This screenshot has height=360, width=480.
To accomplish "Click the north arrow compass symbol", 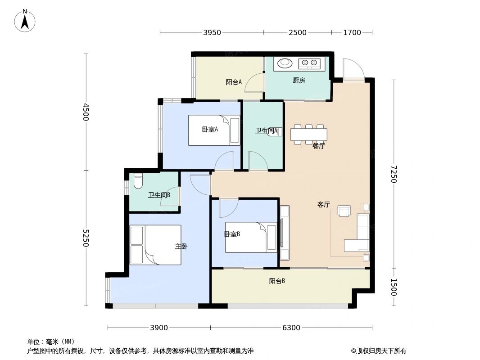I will pyautogui.click(x=25, y=20).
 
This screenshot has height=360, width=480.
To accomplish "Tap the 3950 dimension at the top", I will pyautogui.click(x=212, y=32).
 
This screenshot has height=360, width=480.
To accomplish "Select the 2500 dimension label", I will pyautogui.click(x=297, y=32).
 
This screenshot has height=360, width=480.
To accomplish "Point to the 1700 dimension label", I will pyautogui.click(x=352, y=32).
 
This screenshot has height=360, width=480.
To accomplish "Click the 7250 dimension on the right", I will pyautogui.click(x=394, y=174).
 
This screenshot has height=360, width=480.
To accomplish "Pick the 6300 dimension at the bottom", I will pyautogui.click(x=291, y=328).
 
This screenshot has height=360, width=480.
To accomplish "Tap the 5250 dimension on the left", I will pyautogui.click(x=86, y=238).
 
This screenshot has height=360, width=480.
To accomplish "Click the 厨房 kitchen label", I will pyautogui.click(x=299, y=81).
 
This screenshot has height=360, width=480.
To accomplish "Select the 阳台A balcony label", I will pyautogui.click(x=234, y=82).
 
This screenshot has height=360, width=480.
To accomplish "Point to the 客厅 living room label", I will pyautogui.click(x=323, y=204).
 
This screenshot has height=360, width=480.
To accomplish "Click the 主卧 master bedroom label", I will pyautogui.click(x=181, y=246).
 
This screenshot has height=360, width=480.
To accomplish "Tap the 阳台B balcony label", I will pyautogui.click(x=277, y=281).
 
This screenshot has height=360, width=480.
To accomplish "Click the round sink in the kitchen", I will pyautogui.click(x=285, y=63).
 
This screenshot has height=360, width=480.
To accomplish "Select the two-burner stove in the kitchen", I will pyautogui.click(x=309, y=63).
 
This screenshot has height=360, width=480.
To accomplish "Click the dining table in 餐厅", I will pyautogui.click(x=308, y=134).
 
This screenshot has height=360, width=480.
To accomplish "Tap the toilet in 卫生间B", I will pyautogui.click(x=138, y=180).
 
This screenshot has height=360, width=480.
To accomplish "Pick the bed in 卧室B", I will pyautogui.click(x=251, y=237).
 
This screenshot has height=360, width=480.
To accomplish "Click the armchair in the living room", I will pyautogui.click(x=344, y=211).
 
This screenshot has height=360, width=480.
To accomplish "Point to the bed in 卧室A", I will pyautogui.click(x=214, y=130).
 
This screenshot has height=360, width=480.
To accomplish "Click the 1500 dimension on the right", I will pyautogui.click(x=394, y=287).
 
